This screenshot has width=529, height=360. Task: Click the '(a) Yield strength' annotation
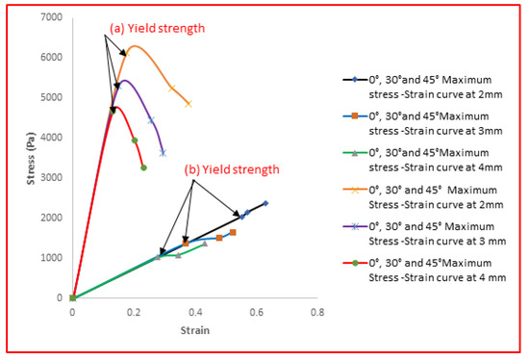pyautogui.click(x=157, y=29)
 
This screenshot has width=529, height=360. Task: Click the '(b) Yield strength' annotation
pyautogui.click(x=232, y=169)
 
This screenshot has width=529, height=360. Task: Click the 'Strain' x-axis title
pyautogui.click(x=193, y=329)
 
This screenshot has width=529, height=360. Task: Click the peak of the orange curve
pyautogui.click(x=135, y=46)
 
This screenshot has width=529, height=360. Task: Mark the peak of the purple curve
pyautogui.click(x=125, y=81)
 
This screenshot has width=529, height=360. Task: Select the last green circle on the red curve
pyautogui.click(x=143, y=167)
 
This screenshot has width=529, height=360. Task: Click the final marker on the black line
pyautogui.click(x=264, y=203)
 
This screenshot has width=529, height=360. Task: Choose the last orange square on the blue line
pyautogui.click(x=233, y=232)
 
